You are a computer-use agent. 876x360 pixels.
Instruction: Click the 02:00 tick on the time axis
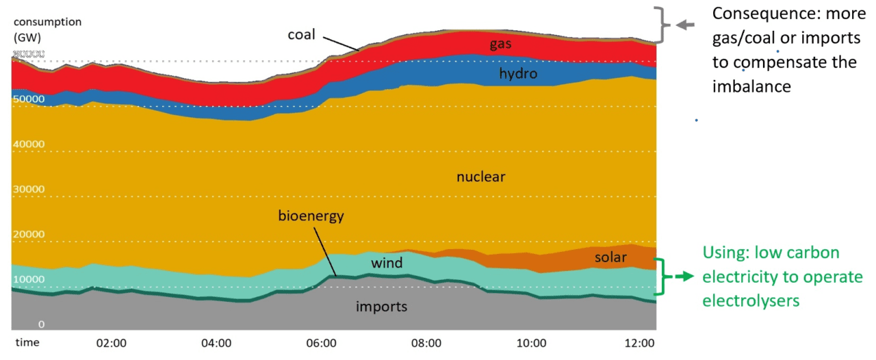coord(111,342)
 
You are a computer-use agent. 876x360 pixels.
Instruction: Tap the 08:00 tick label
coord(427,342)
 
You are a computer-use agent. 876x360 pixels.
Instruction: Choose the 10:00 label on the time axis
coord(532,342)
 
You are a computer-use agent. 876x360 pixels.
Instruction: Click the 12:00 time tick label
coord(641,342)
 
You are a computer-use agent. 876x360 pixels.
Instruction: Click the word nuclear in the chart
coord(480,177)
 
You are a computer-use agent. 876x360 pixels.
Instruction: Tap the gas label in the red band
coord(501,44)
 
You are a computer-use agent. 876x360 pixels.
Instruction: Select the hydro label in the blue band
coord(517,73)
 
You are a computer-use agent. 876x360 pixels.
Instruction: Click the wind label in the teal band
coord(387,263)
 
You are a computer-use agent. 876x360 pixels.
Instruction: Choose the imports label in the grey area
coord(381,307)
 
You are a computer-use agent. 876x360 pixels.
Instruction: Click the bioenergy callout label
coord(311,216)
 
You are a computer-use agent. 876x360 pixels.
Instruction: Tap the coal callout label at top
coord(301,34)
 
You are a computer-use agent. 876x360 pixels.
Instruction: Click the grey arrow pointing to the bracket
coord(685,25)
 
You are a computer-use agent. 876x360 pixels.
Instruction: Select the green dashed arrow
coord(681,277)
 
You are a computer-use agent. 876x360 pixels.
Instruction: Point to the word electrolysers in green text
coord(751,300)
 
